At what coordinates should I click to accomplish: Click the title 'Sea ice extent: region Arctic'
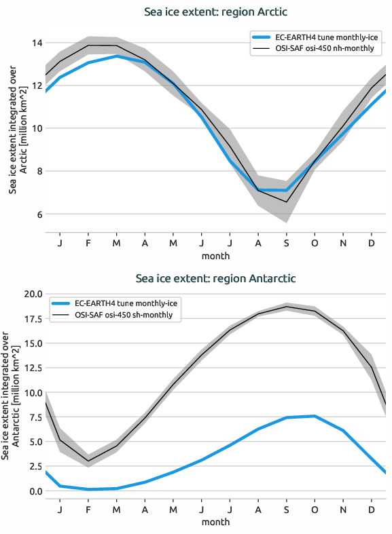pos(215,12)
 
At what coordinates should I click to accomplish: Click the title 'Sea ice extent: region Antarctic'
pos(215,278)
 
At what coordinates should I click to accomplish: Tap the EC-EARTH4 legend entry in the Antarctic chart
pos(124,303)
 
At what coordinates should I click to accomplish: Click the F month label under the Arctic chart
pos(88,243)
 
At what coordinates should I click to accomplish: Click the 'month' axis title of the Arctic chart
pos(215,256)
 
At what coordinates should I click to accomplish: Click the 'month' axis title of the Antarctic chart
pos(215,522)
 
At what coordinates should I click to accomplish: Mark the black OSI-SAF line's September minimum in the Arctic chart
pos(287,202)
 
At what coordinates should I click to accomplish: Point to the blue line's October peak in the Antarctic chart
pos(315,416)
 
